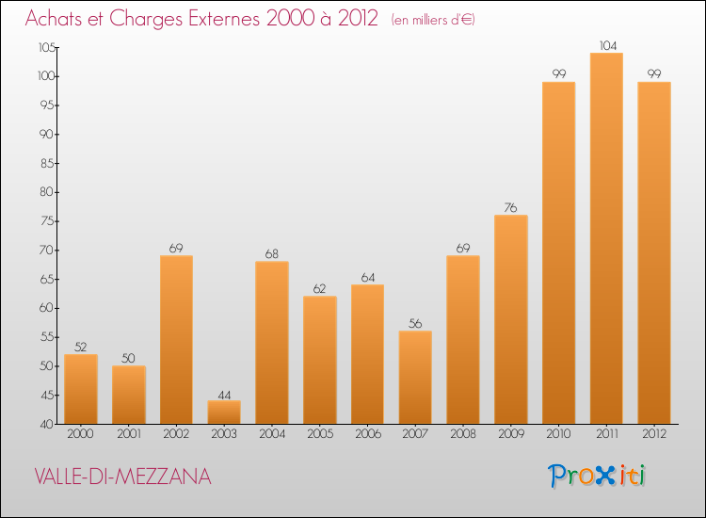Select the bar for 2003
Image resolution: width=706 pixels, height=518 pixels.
tap(224, 413)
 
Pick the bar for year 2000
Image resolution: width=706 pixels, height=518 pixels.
tap(81, 389)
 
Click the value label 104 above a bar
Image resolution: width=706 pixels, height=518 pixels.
tap(606, 45)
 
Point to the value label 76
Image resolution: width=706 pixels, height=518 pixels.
tap(511, 208)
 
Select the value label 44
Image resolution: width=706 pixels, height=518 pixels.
tap(224, 394)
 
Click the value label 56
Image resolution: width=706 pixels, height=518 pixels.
tap(415, 324)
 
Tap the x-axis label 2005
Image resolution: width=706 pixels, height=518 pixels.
tap(319, 435)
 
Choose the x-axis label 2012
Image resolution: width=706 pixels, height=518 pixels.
tap(654, 435)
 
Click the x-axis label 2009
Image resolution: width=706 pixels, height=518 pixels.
tap(511, 435)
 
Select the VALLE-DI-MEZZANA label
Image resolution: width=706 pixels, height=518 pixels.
tap(122, 478)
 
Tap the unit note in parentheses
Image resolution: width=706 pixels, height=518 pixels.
tap(432, 20)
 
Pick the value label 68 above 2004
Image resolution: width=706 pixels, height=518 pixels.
tap(272, 254)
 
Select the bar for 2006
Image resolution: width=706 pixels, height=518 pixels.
tap(367, 354)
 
